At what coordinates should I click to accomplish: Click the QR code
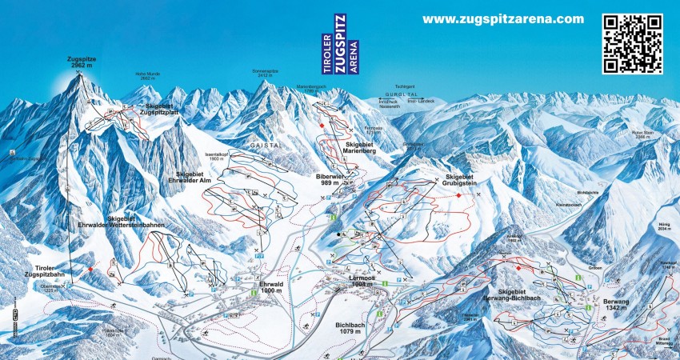click(x=632, y=43)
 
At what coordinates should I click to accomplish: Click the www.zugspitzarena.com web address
click(x=503, y=19)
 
